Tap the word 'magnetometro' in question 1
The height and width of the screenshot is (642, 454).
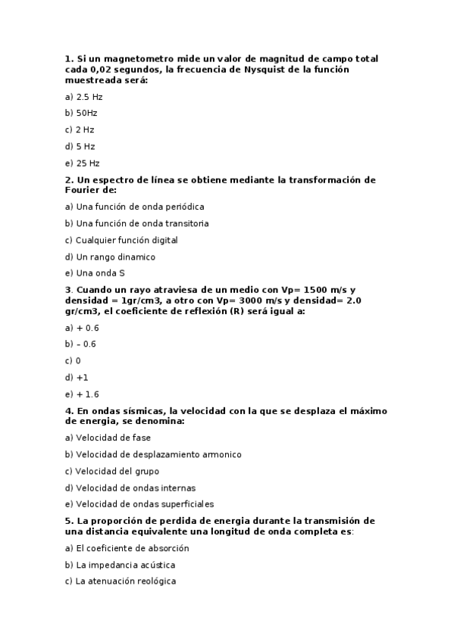coord(127,58)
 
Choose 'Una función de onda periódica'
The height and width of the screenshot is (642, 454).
coord(135,207)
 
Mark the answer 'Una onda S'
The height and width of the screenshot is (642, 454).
coord(95,273)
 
